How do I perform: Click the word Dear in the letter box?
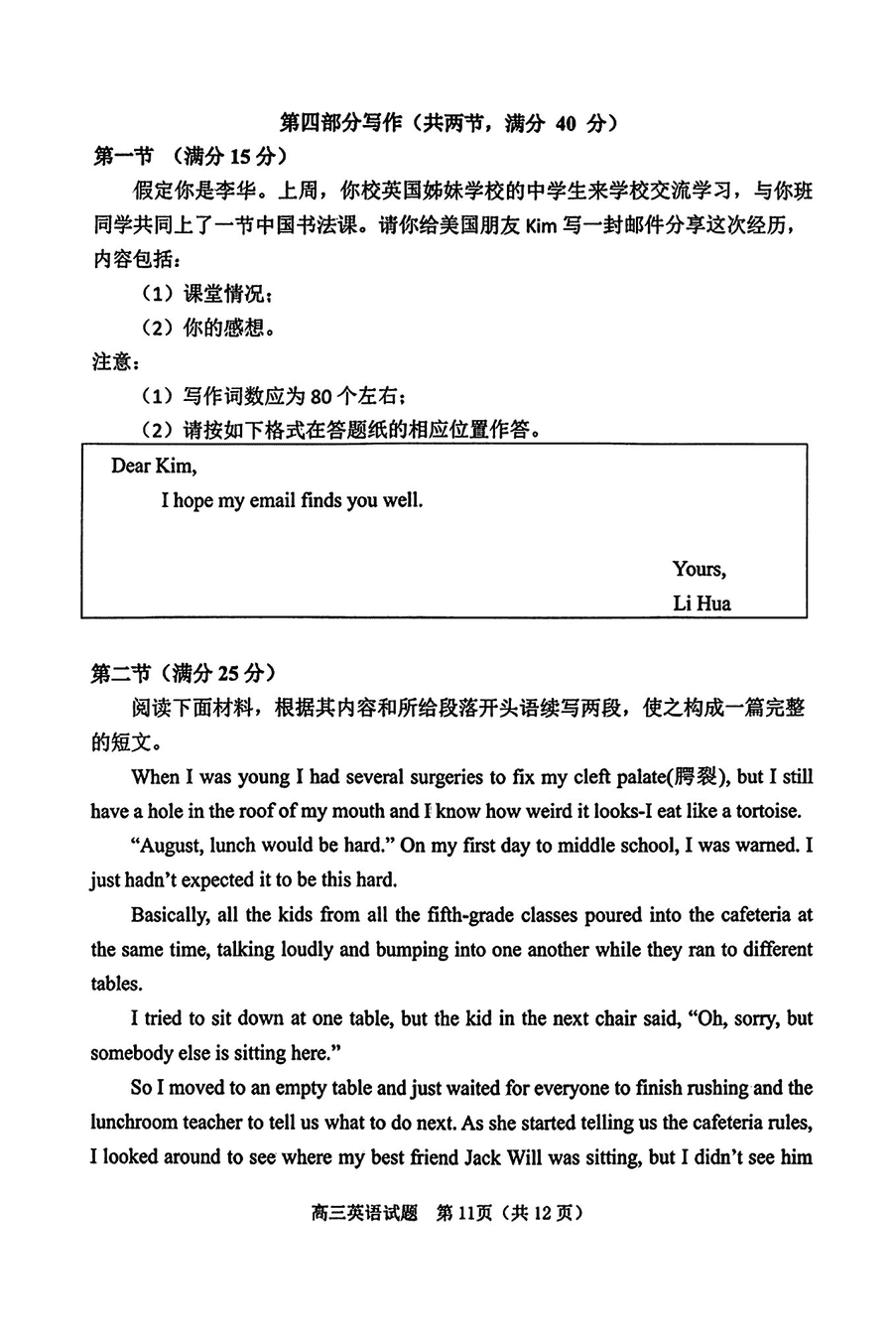tap(131, 466)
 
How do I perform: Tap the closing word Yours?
tap(699, 569)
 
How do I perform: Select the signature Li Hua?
tap(702, 602)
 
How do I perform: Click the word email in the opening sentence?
tap(272, 500)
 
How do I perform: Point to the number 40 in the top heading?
tap(565, 123)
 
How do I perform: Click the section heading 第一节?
tap(123, 156)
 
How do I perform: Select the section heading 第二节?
tap(123, 673)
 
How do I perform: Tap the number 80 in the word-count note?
tap(320, 396)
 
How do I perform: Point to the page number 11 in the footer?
tap(461, 1213)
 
